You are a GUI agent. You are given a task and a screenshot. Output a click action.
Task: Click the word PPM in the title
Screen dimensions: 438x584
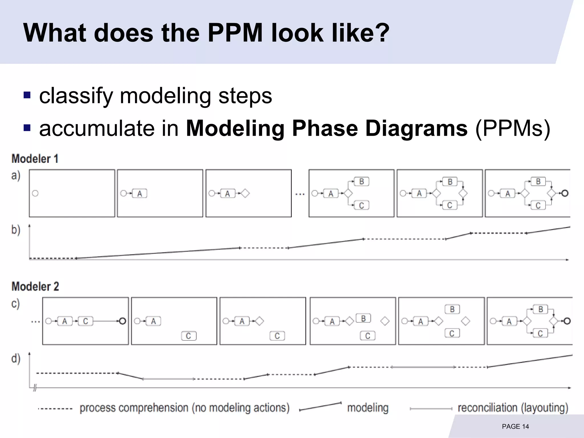coord(235,33)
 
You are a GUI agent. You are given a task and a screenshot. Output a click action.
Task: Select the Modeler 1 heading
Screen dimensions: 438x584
coord(35,159)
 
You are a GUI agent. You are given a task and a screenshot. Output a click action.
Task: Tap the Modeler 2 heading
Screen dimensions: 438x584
coord(35,287)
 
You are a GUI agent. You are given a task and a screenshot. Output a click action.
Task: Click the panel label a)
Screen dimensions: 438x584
coord(16,176)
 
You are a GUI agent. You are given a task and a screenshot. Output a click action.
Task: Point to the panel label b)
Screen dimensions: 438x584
coord(16,230)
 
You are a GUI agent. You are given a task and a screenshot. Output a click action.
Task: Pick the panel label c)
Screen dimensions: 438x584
coord(16,303)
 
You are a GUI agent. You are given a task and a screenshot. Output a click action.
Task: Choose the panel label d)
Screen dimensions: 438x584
coord(16,358)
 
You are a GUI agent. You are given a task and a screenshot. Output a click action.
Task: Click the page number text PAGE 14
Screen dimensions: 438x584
coord(515,426)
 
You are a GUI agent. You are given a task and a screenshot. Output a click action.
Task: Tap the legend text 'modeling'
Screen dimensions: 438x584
coord(368,408)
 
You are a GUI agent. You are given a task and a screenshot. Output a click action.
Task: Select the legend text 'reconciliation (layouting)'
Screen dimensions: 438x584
coord(513,408)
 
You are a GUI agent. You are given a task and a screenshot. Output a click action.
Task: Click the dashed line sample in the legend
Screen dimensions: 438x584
coord(55,409)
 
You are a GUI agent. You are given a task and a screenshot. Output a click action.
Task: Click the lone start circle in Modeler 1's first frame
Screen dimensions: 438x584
coord(35,193)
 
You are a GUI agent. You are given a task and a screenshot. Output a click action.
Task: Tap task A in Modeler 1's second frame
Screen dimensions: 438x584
coord(139,194)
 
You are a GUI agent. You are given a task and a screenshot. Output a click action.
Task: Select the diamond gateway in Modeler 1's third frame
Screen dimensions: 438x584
coord(245,194)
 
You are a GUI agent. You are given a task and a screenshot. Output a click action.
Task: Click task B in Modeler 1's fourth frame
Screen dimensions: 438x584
coord(361,182)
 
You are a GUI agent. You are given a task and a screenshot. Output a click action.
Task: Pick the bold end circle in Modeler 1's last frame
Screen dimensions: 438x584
coord(565,193)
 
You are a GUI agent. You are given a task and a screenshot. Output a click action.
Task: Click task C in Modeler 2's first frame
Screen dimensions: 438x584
coord(85,321)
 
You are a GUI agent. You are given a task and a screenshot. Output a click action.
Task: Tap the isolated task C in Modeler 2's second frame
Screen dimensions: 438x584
coord(188,336)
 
